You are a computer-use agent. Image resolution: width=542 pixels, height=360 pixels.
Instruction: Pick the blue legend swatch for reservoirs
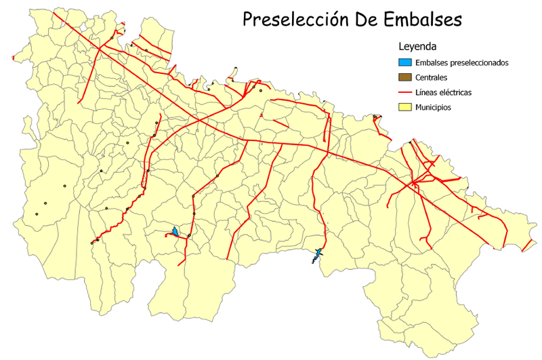406,62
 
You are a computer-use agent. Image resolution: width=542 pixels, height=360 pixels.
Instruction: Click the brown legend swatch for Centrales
406,77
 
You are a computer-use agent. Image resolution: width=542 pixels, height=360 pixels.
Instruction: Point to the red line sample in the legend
406,92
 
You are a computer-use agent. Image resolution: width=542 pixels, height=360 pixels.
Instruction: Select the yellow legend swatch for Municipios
406,107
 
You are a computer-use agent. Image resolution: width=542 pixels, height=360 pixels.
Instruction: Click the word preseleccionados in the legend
479,62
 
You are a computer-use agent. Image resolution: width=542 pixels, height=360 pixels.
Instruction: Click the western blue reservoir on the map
175,233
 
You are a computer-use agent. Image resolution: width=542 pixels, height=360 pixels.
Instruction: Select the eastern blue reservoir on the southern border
316,254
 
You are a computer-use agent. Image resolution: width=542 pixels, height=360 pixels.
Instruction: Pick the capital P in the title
249,20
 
